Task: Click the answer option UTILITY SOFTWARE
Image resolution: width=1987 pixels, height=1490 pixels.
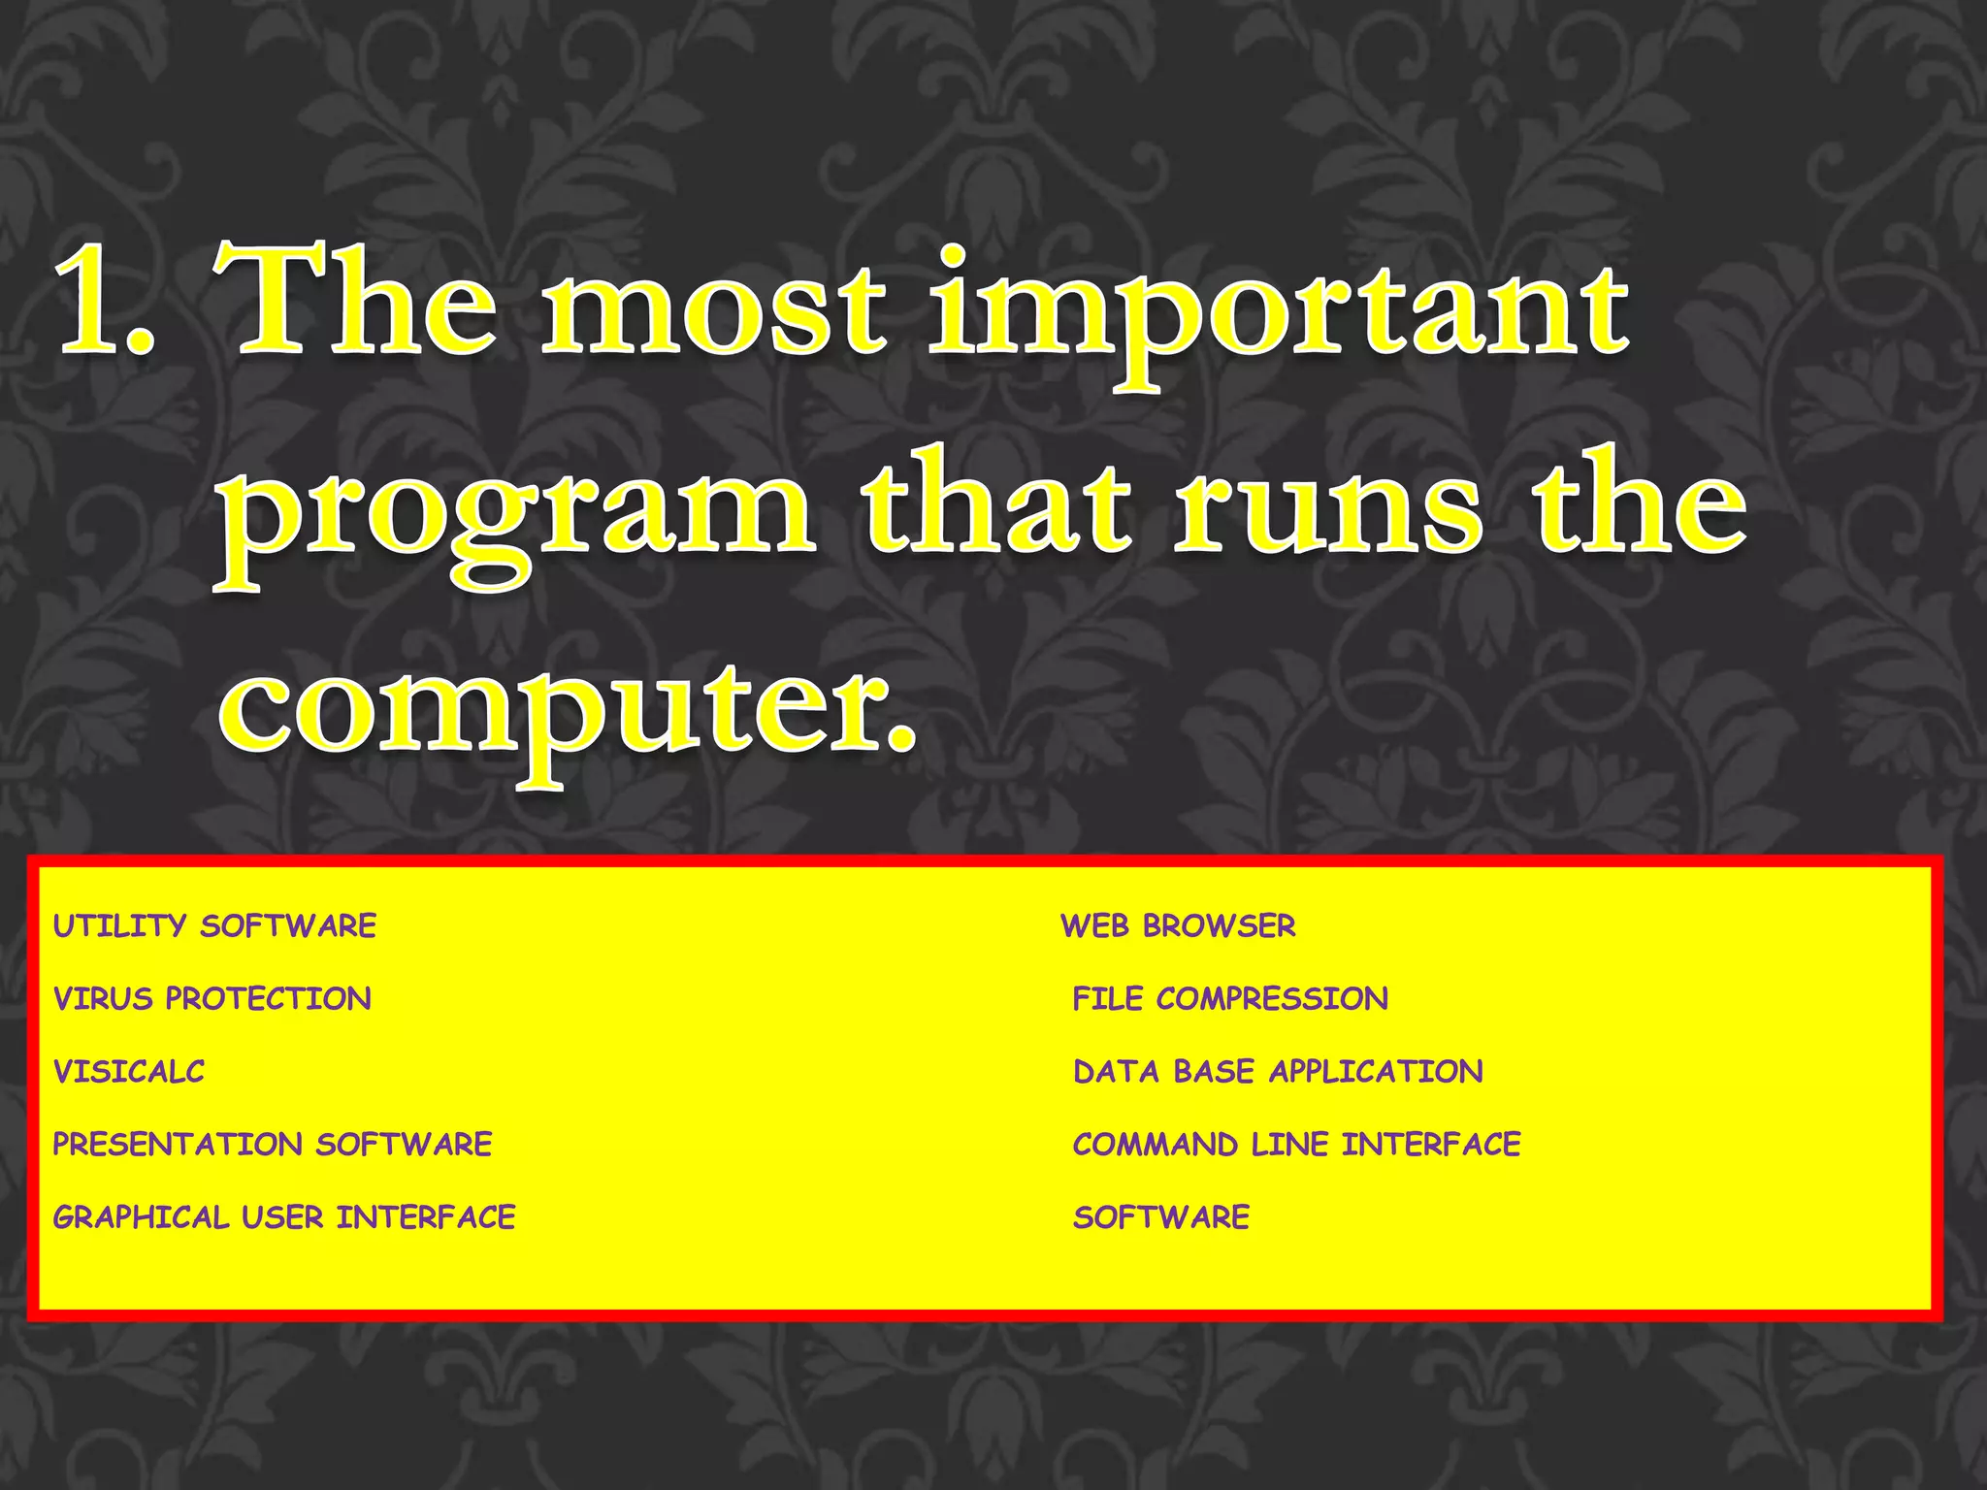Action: pyautogui.click(x=214, y=925)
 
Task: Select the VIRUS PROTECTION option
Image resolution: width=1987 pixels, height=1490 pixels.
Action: pyautogui.click(x=212, y=998)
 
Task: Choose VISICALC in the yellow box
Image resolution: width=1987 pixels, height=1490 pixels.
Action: pyautogui.click(x=129, y=1071)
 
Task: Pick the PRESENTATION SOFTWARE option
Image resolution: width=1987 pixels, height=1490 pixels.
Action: pyautogui.click(x=272, y=1144)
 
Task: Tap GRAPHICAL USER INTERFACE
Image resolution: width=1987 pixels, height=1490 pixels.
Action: pyautogui.click(x=283, y=1216)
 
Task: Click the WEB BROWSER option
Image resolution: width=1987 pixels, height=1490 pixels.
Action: pyautogui.click(x=1178, y=925)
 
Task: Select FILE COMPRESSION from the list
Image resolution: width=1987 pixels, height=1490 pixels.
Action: pyautogui.click(x=1229, y=998)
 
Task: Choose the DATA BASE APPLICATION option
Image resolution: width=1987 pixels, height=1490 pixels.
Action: pyautogui.click(x=1278, y=1071)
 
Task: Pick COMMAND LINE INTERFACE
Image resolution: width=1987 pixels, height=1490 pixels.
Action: pyautogui.click(x=1296, y=1144)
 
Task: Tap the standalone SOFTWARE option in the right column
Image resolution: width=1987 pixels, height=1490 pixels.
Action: pyautogui.click(x=1160, y=1216)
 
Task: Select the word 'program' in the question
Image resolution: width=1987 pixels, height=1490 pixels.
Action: pyautogui.click(x=514, y=514)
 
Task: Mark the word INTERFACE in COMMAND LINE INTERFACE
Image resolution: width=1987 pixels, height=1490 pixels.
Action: pyautogui.click(x=1431, y=1144)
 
